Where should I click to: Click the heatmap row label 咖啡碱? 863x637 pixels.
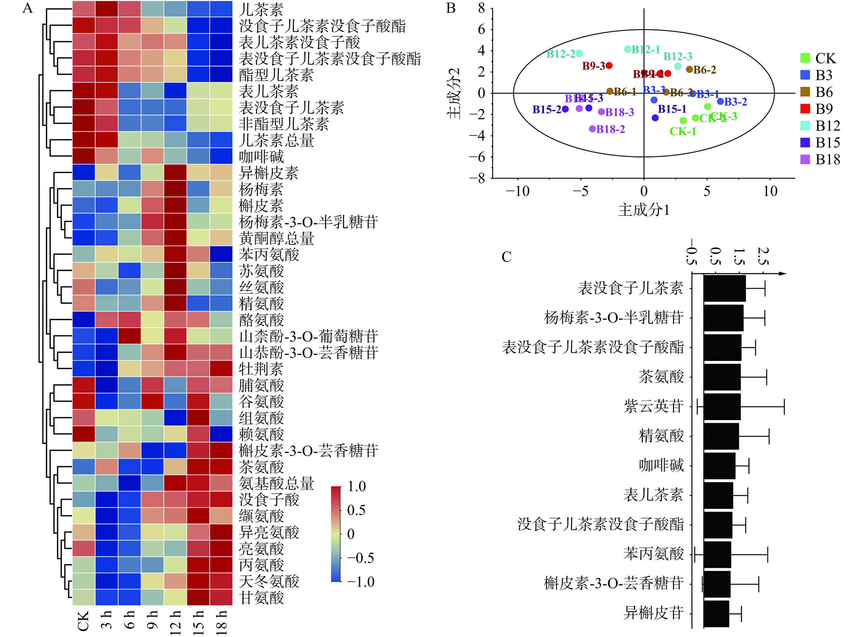pyautogui.click(x=261, y=157)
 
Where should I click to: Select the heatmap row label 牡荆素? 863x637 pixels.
pyautogui.click(x=261, y=369)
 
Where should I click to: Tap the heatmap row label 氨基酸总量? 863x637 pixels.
pyautogui.click(x=276, y=483)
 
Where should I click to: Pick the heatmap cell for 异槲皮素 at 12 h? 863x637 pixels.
pyautogui.click(x=175, y=173)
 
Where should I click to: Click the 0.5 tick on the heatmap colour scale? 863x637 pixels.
pyautogui.click(x=356, y=510)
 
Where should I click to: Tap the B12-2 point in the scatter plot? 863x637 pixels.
pyautogui.click(x=579, y=54)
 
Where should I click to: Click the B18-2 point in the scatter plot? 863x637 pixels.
pyautogui.click(x=592, y=129)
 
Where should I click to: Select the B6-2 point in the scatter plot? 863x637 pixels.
pyautogui.click(x=689, y=69)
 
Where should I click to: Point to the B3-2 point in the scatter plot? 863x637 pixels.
pyautogui.click(x=720, y=101)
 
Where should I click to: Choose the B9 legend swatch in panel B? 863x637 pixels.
pyautogui.click(x=805, y=109)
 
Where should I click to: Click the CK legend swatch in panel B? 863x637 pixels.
pyautogui.click(x=805, y=58)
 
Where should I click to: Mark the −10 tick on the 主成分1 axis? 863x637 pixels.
pyautogui.click(x=517, y=191)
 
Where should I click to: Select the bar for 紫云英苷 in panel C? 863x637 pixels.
pyautogui.click(x=722, y=406)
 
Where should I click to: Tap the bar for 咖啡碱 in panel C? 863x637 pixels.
pyautogui.click(x=720, y=466)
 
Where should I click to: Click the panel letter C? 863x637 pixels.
pyautogui.click(x=506, y=257)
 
